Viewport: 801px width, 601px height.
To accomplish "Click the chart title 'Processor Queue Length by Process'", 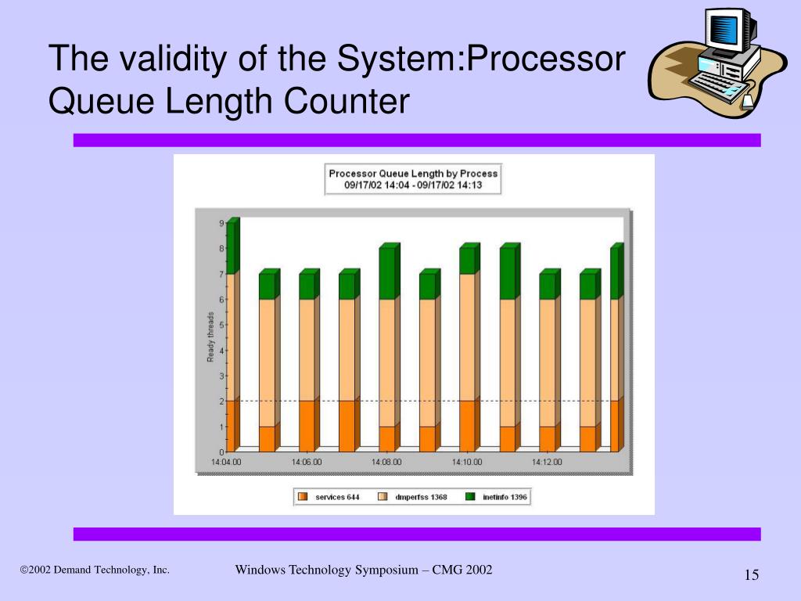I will [413, 174].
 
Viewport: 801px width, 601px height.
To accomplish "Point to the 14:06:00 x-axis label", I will [307, 462].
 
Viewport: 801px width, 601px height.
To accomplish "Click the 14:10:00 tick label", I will [467, 462].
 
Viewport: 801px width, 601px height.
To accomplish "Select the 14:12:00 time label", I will [548, 462].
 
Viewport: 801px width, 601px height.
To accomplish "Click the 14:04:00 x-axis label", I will [226, 462].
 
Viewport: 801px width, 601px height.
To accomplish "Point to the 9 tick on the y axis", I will [221, 224].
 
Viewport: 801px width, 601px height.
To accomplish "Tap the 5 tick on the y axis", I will [221, 325].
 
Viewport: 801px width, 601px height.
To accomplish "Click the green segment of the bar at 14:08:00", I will [387, 274].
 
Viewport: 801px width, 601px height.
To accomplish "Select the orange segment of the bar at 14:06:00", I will [307, 426].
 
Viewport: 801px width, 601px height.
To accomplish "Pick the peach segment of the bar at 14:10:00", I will [467, 336].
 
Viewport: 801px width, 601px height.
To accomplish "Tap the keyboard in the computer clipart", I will [716, 84].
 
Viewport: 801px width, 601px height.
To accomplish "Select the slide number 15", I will [752, 576].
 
